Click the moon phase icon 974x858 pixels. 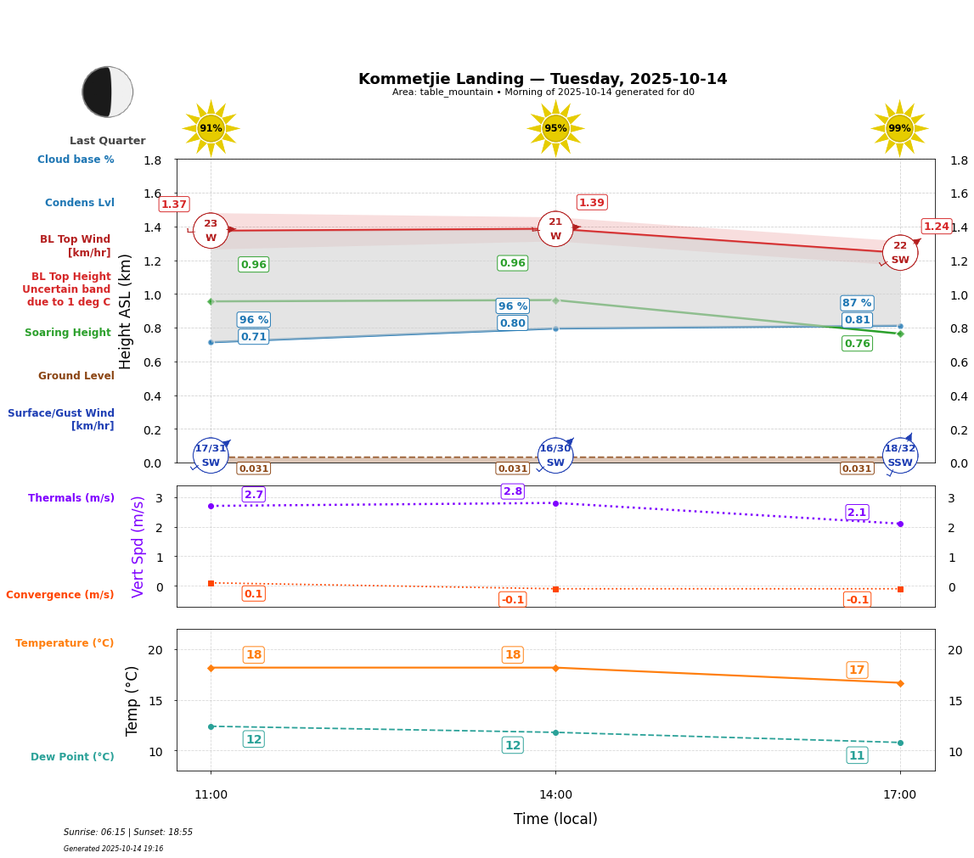(108, 92)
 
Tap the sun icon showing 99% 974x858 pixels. (899, 128)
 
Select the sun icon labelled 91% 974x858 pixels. (211, 128)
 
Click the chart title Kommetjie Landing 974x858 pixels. (543, 79)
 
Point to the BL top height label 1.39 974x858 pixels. (592, 202)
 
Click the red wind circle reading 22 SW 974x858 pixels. (900, 252)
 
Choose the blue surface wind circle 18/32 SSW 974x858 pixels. (900, 455)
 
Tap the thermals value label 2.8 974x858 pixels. (513, 491)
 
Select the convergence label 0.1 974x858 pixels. (254, 594)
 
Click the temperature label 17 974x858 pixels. (857, 670)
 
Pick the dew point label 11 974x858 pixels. (857, 755)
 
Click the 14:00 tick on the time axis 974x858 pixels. (555, 795)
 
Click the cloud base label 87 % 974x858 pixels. (857, 303)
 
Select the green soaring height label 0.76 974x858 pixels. (857, 344)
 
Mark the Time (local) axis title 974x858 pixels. (555, 819)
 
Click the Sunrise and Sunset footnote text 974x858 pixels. (128, 833)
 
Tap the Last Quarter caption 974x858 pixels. (108, 141)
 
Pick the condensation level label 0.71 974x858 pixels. (254, 337)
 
